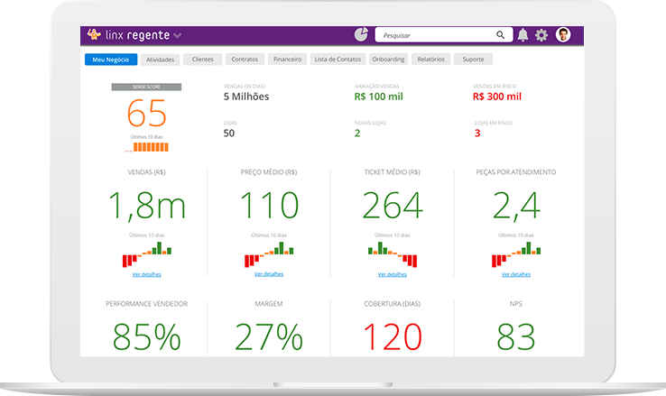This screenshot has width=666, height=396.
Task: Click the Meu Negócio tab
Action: (x=111, y=60)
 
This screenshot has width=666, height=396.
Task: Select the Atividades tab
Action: (x=160, y=60)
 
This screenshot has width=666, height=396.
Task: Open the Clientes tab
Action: (x=202, y=60)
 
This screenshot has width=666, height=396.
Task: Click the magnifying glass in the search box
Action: (x=500, y=35)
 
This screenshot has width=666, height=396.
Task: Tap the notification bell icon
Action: (x=523, y=35)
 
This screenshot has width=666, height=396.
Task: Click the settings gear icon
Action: (x=541, y=35)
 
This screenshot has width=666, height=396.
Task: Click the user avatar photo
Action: (x=563, y=35)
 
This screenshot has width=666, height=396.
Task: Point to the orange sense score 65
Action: (x=146, y=115)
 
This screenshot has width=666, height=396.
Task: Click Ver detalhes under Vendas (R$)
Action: (x=146, y=273)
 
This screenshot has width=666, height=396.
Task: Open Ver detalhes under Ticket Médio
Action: (x=392, y=273)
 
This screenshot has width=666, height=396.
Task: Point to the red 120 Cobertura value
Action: (x=392, y=336)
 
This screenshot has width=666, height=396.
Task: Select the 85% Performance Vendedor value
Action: (x=146, y=336)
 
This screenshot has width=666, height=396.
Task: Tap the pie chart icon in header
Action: (x=360, y=35)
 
